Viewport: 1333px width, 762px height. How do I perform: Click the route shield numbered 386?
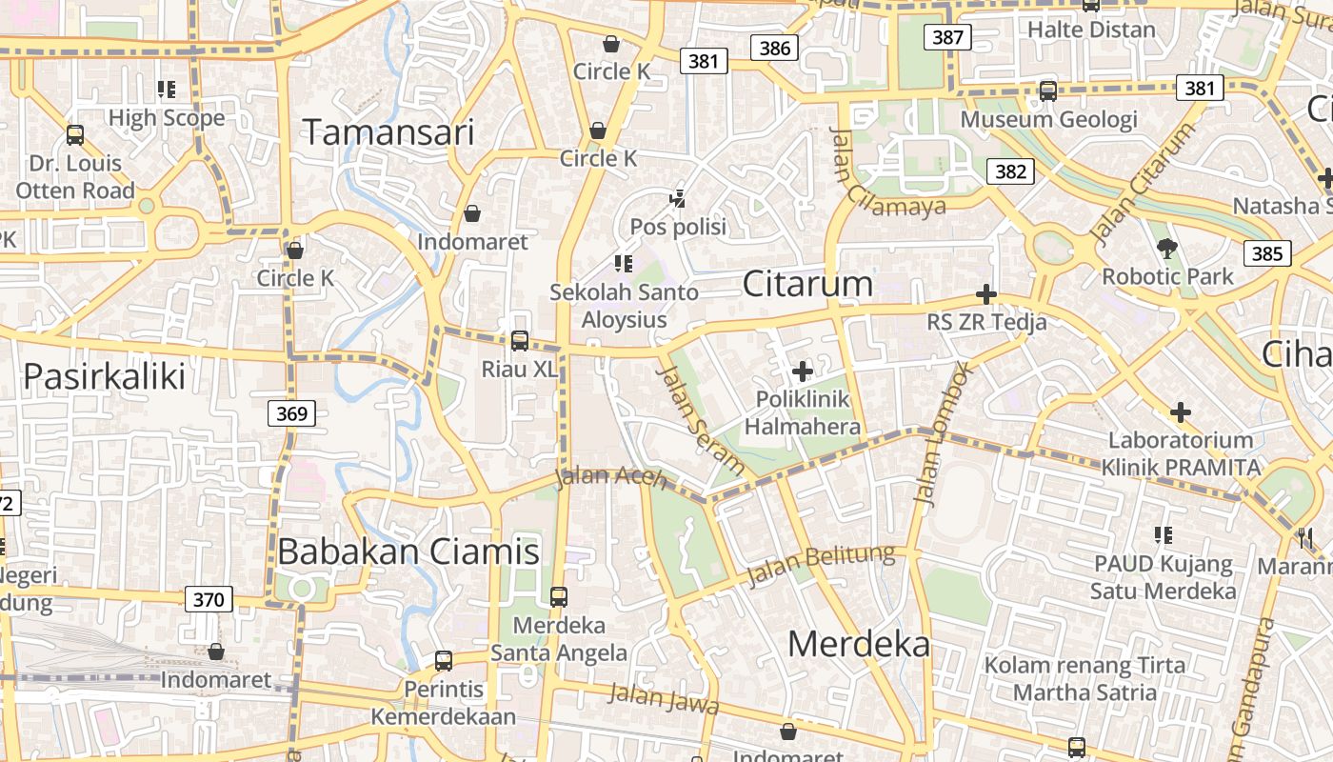pos(775,48)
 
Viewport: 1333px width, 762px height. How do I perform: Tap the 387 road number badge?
pos(946,37)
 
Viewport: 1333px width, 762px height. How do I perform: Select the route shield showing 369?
pos(291,413)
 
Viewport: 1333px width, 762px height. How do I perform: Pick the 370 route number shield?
pos(208,599)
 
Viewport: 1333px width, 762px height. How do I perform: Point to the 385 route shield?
pos(1267,253)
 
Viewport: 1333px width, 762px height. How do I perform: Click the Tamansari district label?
pos(388,132)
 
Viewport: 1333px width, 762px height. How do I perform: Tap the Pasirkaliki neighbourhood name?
pos(104,376)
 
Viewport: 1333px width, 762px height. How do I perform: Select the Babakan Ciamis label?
pos(408,551)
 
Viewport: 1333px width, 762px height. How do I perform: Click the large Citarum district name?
pos(807,284)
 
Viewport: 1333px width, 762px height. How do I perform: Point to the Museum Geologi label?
pos(1048,119)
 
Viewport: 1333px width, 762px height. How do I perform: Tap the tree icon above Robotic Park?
pos(1166,250)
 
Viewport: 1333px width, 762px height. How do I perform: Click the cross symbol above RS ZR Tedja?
pos(986,294)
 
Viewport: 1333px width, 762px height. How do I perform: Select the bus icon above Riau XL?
pos(519,340)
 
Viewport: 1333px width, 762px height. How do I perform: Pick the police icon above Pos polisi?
pos(678,199)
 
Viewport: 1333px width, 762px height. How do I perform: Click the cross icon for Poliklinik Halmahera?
pos(802,371)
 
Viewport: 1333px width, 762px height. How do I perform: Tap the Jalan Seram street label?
pos(701,419)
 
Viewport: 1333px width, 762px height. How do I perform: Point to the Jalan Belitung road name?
pos(822,566)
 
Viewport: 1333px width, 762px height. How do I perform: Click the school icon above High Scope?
pos(167,90)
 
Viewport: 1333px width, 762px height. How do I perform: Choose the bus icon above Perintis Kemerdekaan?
pos(443,660)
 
